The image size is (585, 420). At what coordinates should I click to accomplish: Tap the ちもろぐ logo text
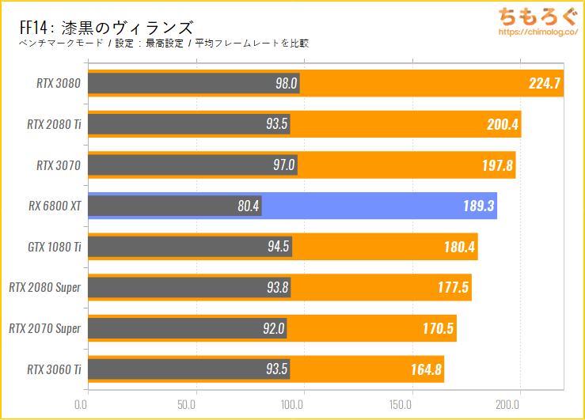point(529,17)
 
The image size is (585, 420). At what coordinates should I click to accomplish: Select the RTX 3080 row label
point(59,83)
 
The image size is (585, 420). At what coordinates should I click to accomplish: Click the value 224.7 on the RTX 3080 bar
point(545,83)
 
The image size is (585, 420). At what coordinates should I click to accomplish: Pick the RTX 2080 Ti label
point(54,124)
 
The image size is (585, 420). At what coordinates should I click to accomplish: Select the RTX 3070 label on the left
point(59,165)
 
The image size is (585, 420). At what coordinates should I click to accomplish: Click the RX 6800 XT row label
point(54,206)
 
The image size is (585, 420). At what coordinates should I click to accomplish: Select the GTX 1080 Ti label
point(54,248)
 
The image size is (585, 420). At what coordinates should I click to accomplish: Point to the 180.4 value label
point(459,248)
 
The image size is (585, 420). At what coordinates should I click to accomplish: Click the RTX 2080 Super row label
point(45,288)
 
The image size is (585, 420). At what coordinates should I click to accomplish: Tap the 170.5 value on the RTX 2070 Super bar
point(438,329)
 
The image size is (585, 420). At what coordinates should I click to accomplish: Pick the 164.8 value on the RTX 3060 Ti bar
point(425,369)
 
